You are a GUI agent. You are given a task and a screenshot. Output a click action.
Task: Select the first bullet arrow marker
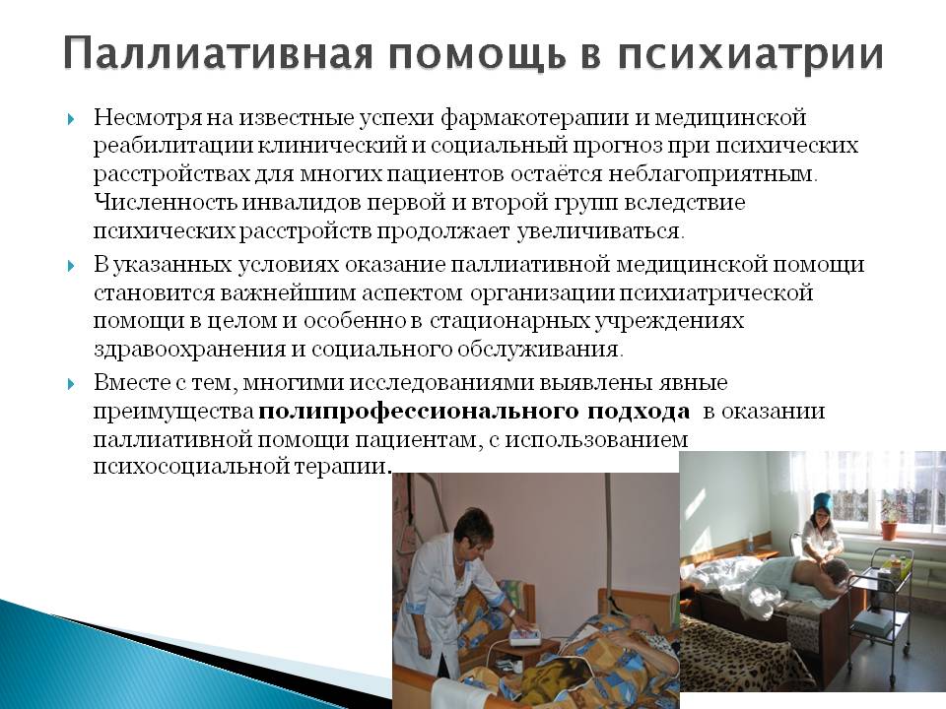point(71,119)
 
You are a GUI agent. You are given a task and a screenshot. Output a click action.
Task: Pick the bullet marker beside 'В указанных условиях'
point(71,266)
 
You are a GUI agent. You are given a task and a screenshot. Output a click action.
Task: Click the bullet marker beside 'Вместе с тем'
point(71,383)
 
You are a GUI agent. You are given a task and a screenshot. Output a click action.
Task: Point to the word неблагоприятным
point(711,175)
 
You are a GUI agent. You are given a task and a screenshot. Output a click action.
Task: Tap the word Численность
point(166,203)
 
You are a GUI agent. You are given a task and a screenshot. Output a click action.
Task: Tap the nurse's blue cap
point(823,501)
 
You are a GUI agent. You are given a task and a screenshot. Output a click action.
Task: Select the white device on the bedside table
point(522,636)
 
